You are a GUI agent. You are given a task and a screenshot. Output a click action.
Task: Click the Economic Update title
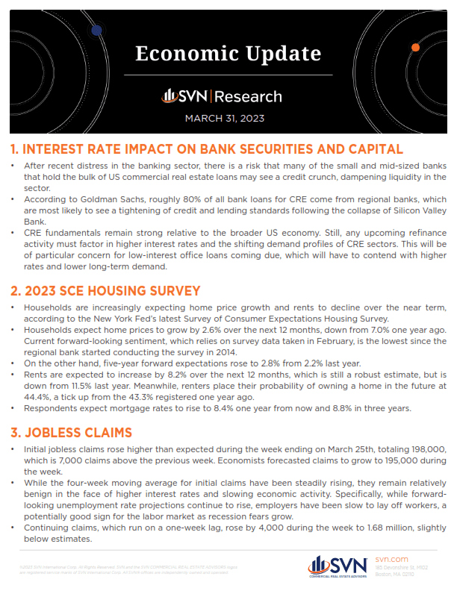pyautogui.click(x=228, y=54)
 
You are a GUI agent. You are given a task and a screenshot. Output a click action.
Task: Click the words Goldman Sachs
pyautogui.click(x=103, y=201)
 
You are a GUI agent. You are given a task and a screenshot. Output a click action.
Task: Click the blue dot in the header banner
pyautogui.click(x=96, y=30)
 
